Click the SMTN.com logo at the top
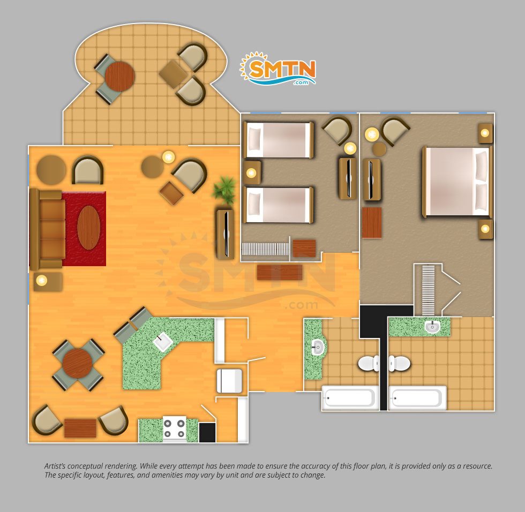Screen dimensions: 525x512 tap(278, 69)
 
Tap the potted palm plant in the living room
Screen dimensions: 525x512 tap(223, 191)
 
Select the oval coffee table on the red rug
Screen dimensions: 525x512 tap(89, 228)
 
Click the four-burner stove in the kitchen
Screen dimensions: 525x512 tap(175, 429)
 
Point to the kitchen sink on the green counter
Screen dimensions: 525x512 tap(163, 342)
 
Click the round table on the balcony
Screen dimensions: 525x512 tap(119, 76)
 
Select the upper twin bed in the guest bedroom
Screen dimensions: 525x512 tap(279, 140)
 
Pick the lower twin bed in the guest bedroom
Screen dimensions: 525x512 tap(279, 205)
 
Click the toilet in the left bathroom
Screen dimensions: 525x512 tap(369, 364)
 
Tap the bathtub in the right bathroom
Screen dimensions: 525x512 tap(417, 398)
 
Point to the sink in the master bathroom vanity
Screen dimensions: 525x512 tap(433, 326)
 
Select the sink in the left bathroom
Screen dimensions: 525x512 tap(317, 347)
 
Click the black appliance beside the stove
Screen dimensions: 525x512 tap(207, 432)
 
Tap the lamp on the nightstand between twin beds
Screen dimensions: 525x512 tap(251, 173)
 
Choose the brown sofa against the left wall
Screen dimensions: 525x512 tap(47, 229)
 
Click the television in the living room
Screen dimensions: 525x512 tap(226, 234)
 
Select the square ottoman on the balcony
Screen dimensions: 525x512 tap(172, 74)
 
